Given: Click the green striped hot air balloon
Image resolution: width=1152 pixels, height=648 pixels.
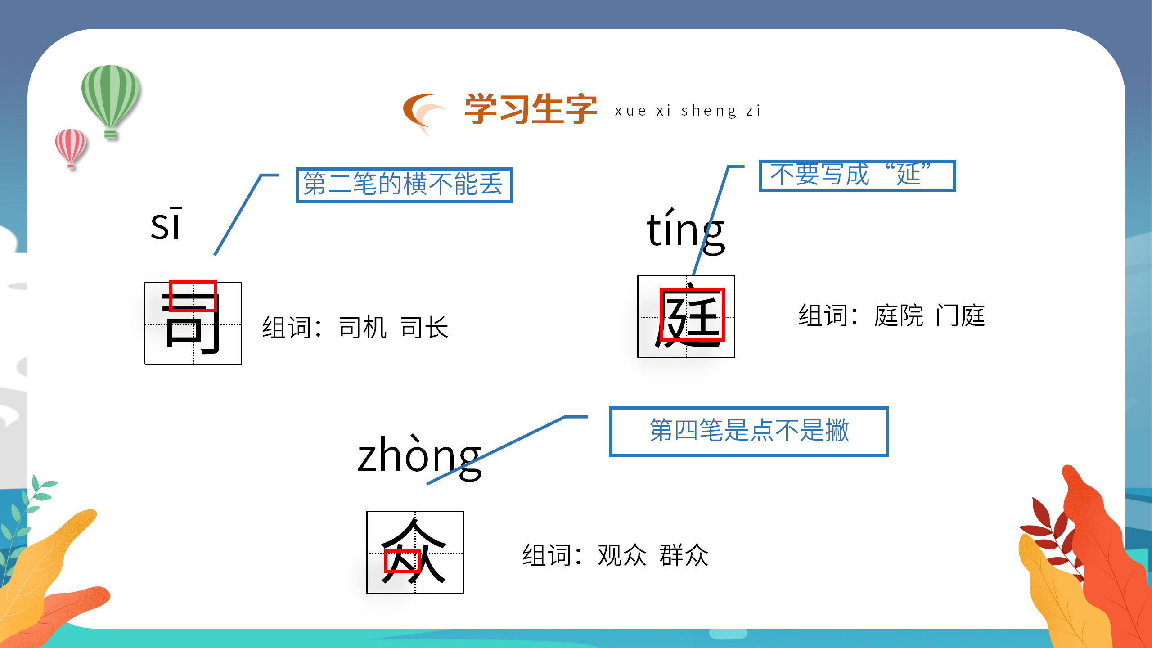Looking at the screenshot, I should tap(110, 97).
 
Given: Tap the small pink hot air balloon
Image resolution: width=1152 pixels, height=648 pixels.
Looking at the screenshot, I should tap(70, 146).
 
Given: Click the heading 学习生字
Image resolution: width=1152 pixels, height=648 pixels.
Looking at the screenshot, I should tap(531, 109).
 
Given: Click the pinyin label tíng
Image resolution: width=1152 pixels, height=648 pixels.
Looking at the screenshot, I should tap(685, 230).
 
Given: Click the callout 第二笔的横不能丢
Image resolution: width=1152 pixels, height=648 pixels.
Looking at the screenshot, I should tap(404, 185).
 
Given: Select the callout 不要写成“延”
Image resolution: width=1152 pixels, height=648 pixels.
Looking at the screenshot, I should tap(857, 175).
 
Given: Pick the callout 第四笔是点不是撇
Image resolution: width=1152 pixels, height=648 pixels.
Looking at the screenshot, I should tap(749, 431).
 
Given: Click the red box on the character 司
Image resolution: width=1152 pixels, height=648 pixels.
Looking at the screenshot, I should tap(193, 296).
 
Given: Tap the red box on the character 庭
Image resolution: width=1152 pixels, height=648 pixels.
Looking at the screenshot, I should tap(692, 314).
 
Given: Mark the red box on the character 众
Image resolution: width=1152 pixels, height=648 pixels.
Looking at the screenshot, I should tap(402, 561).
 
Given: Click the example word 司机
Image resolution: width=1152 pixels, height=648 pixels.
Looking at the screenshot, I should tap(362, 327).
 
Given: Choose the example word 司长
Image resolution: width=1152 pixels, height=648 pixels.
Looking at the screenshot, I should tap(424, 327).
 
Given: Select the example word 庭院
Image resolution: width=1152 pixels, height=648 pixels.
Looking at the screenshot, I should tap(898, 315).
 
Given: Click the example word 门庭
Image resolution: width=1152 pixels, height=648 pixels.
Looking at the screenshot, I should tap(960, 315).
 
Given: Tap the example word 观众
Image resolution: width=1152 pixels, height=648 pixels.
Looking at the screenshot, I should tap(622, 555).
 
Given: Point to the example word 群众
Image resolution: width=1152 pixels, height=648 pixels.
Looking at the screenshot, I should tap(684, 555).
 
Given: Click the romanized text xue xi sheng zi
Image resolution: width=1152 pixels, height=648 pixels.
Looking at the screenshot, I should tap(687, 111).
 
